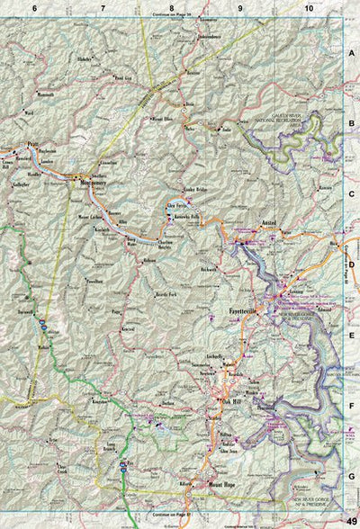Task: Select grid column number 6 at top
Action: (33, 8)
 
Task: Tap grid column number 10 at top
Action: (309, 8)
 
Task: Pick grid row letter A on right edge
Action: (352, 53)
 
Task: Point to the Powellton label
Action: (95, 280)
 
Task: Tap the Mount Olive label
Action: (161, 118)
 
